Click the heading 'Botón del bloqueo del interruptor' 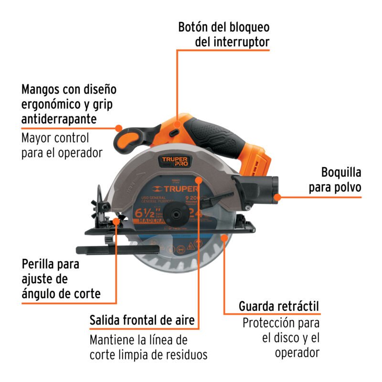click(x=223, y=34)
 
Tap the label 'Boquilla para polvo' click(x=334, y=180)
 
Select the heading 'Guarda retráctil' click(x=279, y=306)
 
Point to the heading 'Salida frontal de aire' click(x=142, y=320)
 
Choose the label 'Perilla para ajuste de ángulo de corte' click(x=61, y=278)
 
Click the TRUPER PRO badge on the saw click(x=175, y=161)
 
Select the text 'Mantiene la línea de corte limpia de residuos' click(x=149, y=348)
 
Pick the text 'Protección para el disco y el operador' click(x=281, y=338)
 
